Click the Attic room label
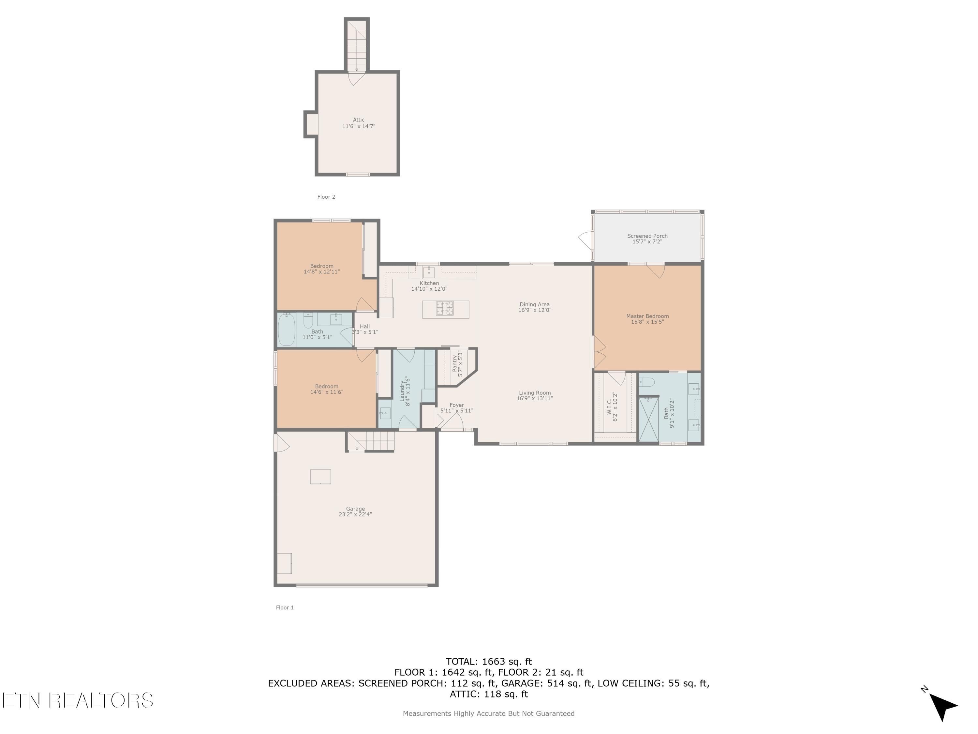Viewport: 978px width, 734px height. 359,123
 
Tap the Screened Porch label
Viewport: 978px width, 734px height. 647,239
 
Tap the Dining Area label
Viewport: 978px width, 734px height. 535,307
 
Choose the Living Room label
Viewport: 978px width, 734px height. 535,395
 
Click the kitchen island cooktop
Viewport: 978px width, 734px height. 445,308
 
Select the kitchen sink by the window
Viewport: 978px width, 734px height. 428,272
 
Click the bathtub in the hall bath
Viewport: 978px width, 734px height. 287,329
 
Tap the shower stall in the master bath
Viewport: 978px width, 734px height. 649,419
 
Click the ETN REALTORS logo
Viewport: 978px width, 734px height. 78,700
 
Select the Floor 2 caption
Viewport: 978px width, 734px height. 326,197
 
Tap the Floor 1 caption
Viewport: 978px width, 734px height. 285,607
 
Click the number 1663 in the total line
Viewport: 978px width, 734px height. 494,662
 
